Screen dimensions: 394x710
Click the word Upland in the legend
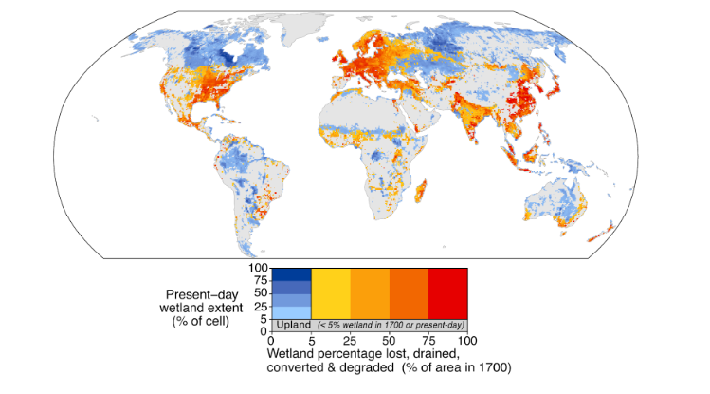click(x=292, y=326)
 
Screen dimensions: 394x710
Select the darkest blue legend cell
click(x=292, y=274)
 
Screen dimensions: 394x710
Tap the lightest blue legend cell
click(x=292, y=312)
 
